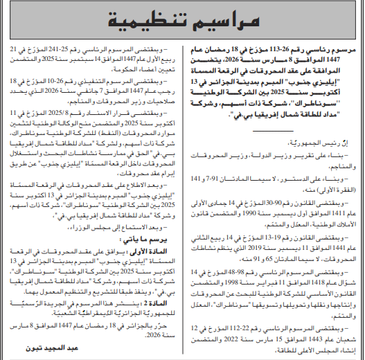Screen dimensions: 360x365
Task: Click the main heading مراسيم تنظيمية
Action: (x=182, y=21)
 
